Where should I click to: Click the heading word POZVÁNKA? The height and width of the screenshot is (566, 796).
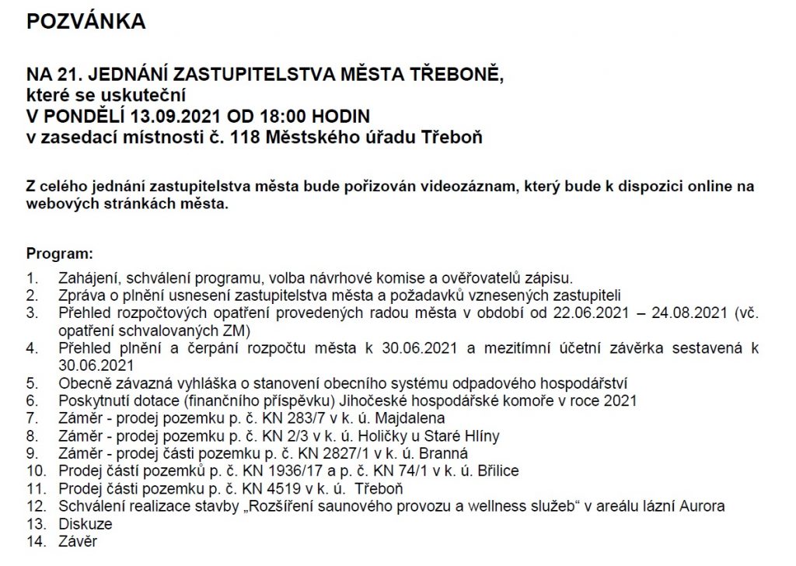pos(86,23)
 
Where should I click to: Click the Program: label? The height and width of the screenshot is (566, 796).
pos(60,254)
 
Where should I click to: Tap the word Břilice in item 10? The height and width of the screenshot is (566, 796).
pos(497,471)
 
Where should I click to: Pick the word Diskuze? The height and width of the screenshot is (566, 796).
pos(86,524)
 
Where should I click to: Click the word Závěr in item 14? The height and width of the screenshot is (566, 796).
pos(78,541)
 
